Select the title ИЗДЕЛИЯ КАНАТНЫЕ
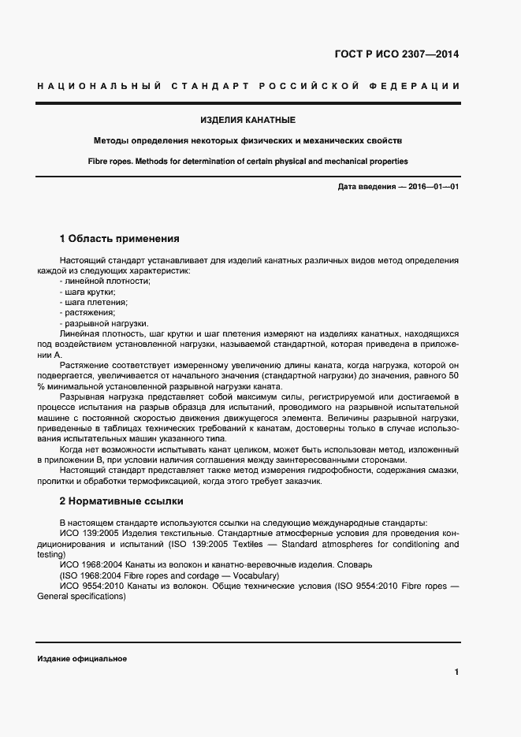[x=247, y=121]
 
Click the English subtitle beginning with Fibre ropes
[x=247, y=161]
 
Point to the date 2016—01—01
[x=431, y=187]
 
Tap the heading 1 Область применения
[x=120, y=238]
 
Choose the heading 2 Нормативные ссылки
[x=121, y=501]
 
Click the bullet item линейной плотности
[x=106, y=281]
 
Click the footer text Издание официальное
[x=82, y=659]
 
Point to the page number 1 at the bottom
[x=456, y=672]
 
